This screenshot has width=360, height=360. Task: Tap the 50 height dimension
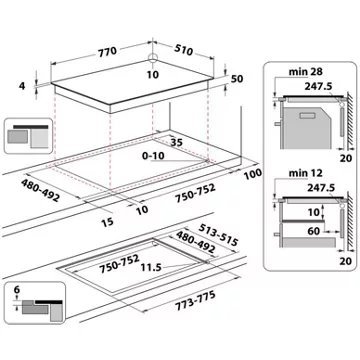[238, 78]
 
